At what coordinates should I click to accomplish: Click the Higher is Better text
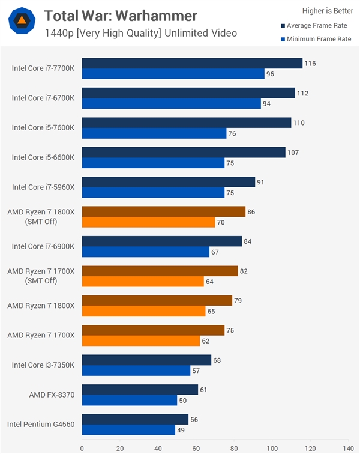(x=327, y=10)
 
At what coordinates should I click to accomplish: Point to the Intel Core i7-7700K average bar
(x=192, y=63)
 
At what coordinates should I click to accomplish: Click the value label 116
(x=310, y=63)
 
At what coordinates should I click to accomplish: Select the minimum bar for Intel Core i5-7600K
(x=154, y=133)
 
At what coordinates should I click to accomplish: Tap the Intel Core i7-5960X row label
(x=43, y=187)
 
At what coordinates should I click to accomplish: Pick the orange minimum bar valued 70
(x=148, y=222)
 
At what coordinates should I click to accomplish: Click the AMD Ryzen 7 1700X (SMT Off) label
(x=41, y=276)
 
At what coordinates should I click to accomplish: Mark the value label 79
(x=239, y=300)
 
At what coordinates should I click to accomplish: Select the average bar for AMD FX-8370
(x=140, y=389)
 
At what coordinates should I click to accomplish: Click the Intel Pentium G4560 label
(x=41, y=424)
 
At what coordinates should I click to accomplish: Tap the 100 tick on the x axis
(x=272, y=447)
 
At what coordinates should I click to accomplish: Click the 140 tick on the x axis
(x=348, y=447)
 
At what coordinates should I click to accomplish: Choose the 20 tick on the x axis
(x=120, y=447)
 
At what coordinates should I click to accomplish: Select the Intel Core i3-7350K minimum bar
(x=136, y=371)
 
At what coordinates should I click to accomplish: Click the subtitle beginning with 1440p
(x=140, y=32)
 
